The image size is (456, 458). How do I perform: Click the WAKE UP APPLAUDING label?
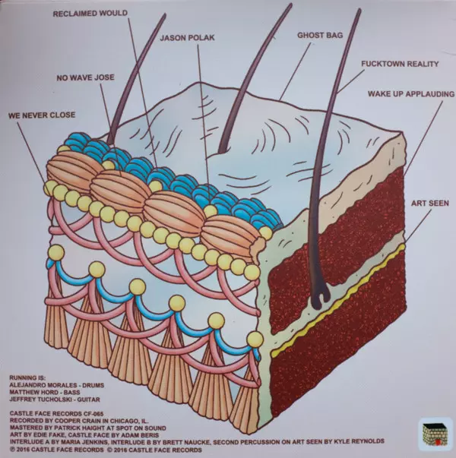(411, 93)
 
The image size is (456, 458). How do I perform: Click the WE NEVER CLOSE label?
(42, 118)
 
